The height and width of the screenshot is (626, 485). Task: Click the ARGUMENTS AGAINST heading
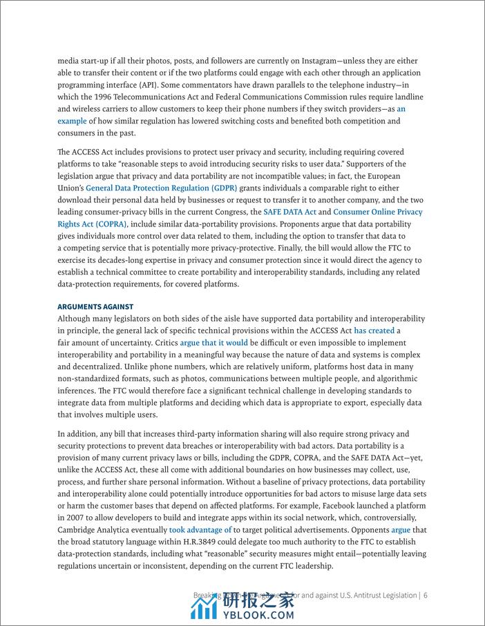[95, 306]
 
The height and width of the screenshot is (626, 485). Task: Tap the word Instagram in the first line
[312, 61]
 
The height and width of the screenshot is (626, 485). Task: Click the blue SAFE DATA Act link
[289, 212]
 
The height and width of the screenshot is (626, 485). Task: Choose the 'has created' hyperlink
[374, 331]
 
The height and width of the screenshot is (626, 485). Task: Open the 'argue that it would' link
[213, 342]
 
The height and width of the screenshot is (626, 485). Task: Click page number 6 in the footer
[426, 595]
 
